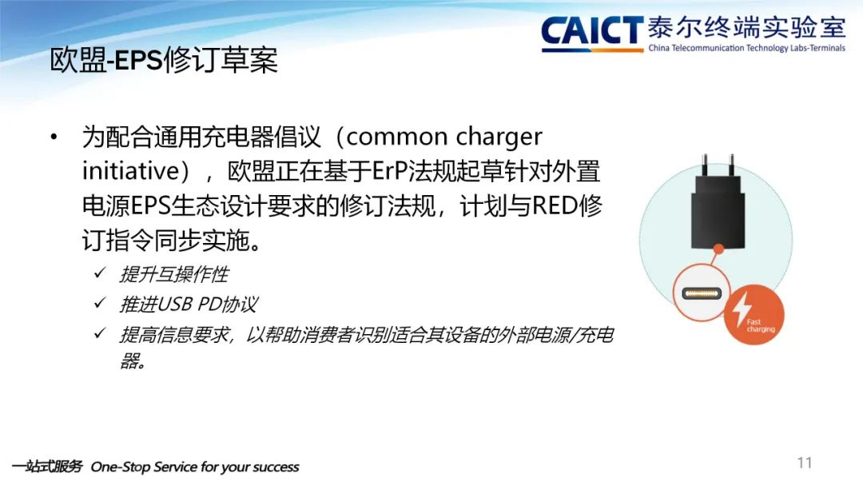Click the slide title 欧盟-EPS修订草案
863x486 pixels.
[x=164, y=60]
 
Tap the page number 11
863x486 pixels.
[x=804, y=463]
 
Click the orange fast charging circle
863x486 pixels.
[x=753, y=315]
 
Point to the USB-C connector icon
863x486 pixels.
[x=702, y=293]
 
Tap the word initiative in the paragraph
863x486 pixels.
[x=130, y=170]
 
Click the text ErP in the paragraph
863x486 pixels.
[x=390, y=171]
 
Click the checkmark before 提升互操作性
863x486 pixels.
[x=100, y=273]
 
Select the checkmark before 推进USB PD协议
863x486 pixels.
[x=100, y=303]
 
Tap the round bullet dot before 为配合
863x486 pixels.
[x=54, y=137]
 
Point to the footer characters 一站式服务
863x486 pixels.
[x=47, y=467]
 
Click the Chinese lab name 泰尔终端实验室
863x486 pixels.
[x=746, y=27]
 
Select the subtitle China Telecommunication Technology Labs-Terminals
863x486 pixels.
[x=747, y=48]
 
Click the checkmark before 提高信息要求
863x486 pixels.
[x=100, y=333]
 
